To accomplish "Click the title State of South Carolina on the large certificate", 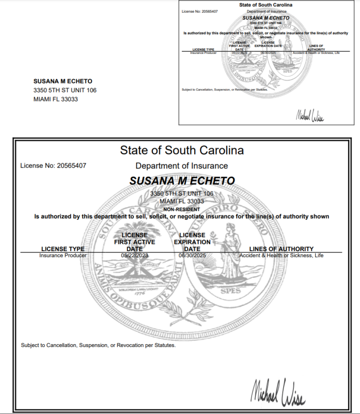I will pos(182,150).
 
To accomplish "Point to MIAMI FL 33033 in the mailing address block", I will pos(56,99).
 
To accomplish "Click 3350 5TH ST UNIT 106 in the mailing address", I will pos(65,90).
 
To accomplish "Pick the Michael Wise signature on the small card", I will pos(310,114).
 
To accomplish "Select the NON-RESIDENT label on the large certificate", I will pos(181,209).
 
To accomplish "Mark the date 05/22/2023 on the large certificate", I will pos(134,256).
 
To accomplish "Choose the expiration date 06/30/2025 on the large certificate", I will pos(192,256).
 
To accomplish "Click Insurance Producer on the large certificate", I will pos(63,256).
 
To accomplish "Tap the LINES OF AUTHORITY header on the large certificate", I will pos(281,249).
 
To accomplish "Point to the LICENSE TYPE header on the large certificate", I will pos(63,249).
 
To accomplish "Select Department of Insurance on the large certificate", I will pos(182,166).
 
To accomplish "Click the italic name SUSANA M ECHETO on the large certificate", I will pos(182,181).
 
